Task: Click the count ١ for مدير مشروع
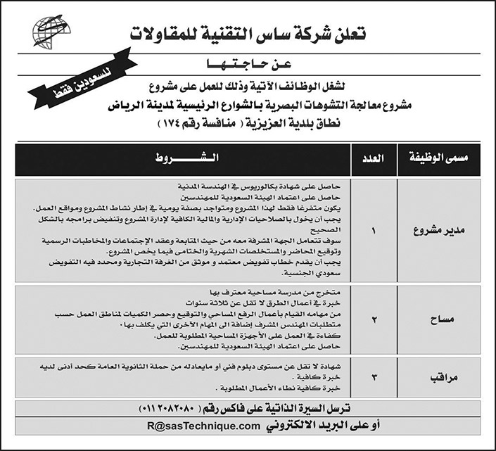374,230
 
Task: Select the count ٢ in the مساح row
374,319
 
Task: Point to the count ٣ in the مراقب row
374,377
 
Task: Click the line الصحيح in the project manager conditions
326,229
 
